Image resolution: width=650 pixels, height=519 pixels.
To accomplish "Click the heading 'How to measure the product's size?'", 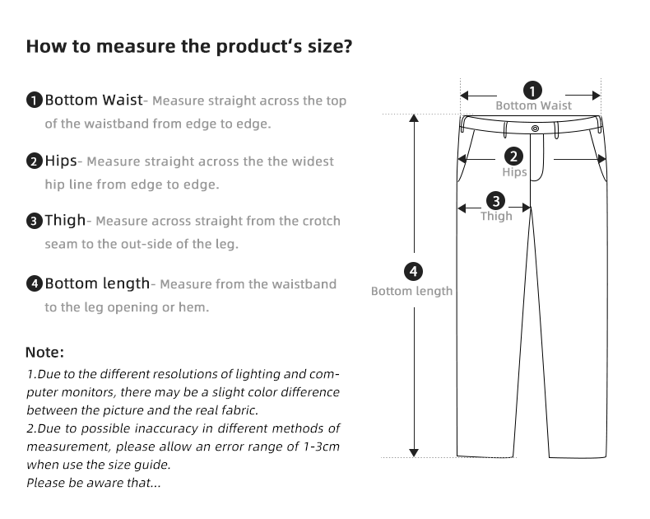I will (189, 45).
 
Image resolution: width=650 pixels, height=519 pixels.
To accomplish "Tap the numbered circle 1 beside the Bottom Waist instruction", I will (35, 101).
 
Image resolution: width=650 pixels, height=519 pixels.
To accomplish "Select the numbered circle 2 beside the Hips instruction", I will (35, 161).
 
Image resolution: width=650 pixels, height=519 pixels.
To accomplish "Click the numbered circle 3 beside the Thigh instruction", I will (35, 221).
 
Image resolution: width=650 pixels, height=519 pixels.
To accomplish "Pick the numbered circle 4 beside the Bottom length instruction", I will (35, 284).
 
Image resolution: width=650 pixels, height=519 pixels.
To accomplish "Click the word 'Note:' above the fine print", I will (44, 353).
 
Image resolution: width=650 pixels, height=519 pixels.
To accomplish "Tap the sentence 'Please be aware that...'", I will (93, 483).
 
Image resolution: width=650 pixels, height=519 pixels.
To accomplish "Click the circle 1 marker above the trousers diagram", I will (532, 90).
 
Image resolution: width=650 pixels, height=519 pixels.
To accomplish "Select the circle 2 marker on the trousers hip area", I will (513, 156).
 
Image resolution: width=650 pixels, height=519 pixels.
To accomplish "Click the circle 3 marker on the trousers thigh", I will (495, 200).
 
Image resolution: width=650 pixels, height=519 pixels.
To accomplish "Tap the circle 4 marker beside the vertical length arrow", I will (414, 271).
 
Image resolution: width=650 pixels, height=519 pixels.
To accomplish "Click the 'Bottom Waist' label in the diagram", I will (533, 105).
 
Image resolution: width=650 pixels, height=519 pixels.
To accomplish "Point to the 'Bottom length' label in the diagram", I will (411, 291).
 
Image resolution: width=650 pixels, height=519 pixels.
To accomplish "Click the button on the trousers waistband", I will (536, 128).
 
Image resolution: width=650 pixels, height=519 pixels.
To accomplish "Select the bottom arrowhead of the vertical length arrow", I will (414, 451).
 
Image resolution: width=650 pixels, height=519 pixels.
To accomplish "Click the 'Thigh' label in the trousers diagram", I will (496, 216).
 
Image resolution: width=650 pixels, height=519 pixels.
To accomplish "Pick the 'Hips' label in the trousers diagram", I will (514, 172).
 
